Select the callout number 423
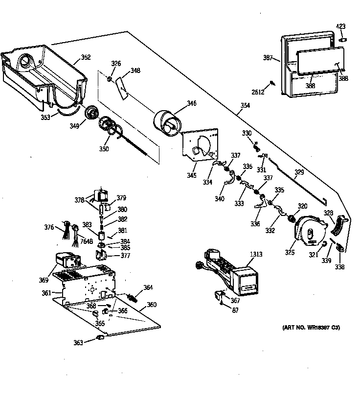click(340, 26)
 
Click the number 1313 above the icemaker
click(255, 254)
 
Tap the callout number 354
click(245, 106)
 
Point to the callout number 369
click(44, 280)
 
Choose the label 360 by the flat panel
click(151, 305)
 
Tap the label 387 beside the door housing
click(268, 58)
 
